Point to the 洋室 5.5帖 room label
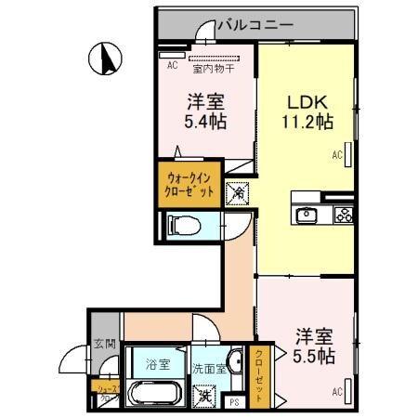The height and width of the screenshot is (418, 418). (315, 345)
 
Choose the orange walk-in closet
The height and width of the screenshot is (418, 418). (190, 182)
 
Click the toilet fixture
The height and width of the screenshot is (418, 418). (185, 226)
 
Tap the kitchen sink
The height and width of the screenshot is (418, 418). (307, 215)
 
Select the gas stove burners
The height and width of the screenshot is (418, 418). (343, 215)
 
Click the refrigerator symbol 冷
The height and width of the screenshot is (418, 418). (238, 193)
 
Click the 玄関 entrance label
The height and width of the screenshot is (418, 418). (104, 344)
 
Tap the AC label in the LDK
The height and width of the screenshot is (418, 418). (338, 156)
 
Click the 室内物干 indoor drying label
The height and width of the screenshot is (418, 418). (212, 67)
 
